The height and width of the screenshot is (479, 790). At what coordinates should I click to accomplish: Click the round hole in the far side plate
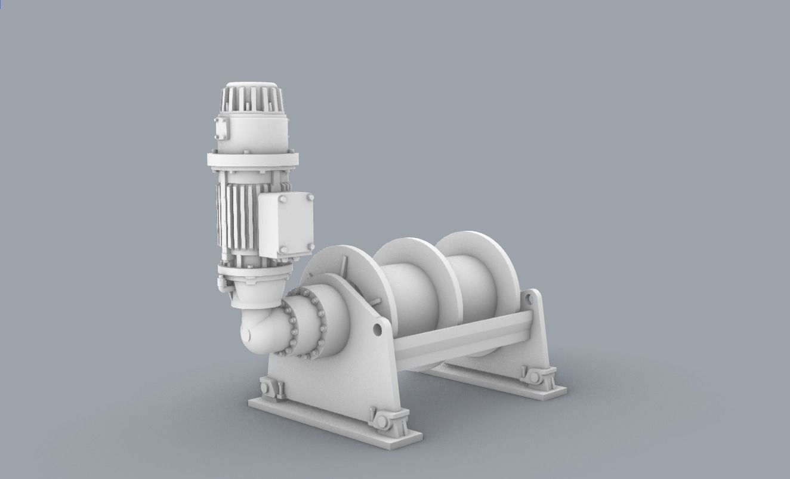click(x=529, y=310)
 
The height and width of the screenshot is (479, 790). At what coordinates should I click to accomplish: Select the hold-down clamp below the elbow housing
click(x=271, y=389)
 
